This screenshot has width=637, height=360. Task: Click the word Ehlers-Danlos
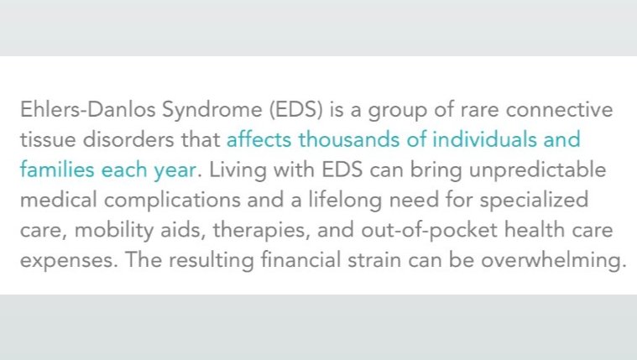[88, 109]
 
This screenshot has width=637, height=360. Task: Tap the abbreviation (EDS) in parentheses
[295, 110]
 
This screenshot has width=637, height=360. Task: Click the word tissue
[48, 140]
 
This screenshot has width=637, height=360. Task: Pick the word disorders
[128, 139]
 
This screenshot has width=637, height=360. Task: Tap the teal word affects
[258, 139]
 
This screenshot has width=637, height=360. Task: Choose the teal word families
[57, 170]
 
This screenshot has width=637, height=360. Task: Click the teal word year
[175, 171]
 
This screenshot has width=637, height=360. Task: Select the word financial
[300, 259]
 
